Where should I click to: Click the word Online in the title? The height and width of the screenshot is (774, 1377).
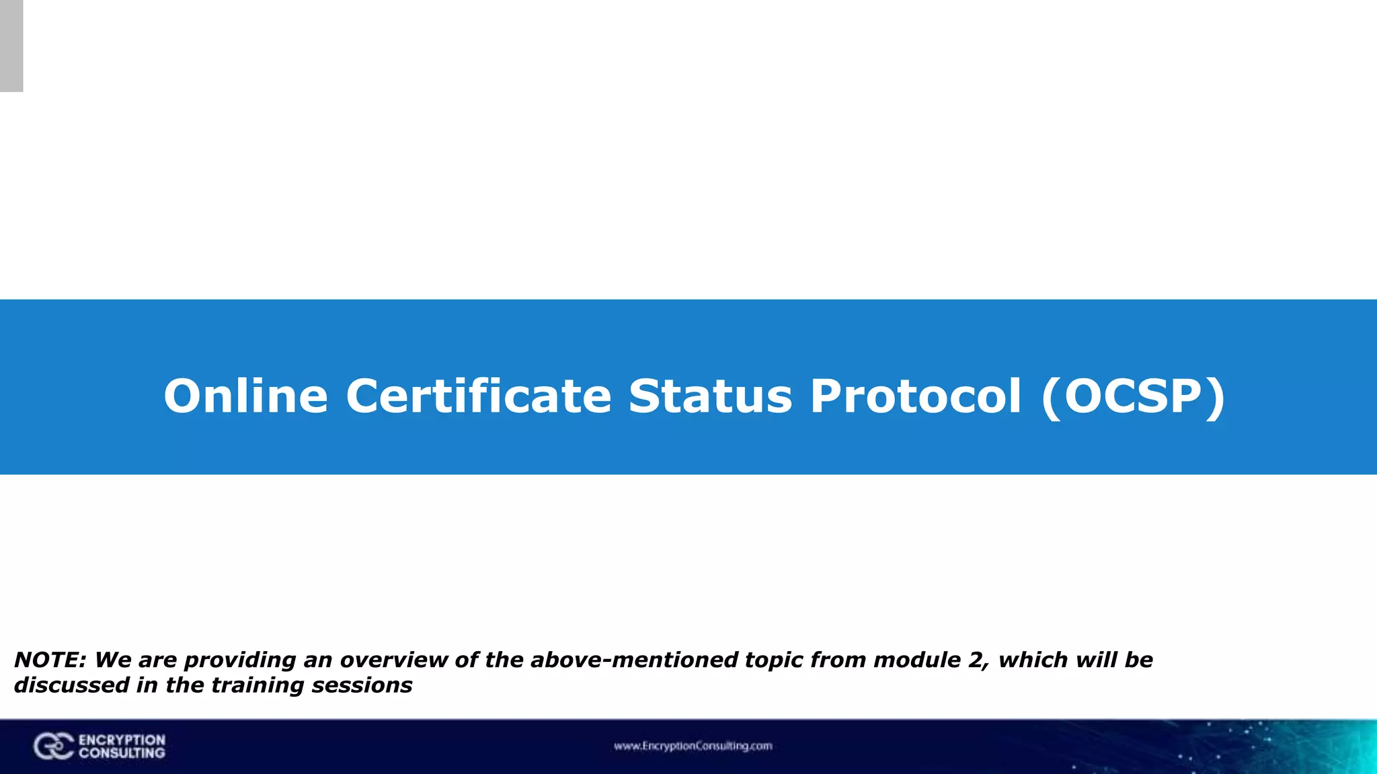click(246, 396)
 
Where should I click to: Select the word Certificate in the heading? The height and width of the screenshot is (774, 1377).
click(478, 396)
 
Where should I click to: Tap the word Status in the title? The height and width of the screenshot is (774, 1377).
click(711, 396)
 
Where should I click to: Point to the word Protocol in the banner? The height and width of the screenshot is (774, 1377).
click(916, 396)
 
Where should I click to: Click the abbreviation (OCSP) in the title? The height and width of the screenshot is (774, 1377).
click(1133, 396)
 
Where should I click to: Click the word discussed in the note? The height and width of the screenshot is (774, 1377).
click(71, 685)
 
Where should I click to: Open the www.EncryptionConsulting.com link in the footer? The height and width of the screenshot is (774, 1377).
click(693, 746)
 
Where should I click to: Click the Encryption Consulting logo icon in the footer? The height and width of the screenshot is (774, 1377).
click(53, 746)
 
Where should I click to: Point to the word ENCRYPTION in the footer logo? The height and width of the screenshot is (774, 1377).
click(122, 740)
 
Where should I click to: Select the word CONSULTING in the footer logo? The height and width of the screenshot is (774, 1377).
click(122, 753)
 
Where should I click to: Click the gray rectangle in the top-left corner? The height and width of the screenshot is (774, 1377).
click(11, 46)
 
